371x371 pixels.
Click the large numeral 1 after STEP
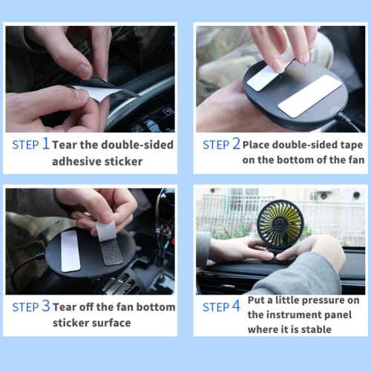46,143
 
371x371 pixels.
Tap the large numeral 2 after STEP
236,143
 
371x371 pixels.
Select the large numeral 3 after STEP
46,306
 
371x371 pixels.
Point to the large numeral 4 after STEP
236,306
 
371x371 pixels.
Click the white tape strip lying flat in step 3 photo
70,251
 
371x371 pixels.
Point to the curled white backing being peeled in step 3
106,231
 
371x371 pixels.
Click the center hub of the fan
280,223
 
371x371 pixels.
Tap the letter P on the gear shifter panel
168,110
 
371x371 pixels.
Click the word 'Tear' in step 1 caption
65,145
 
